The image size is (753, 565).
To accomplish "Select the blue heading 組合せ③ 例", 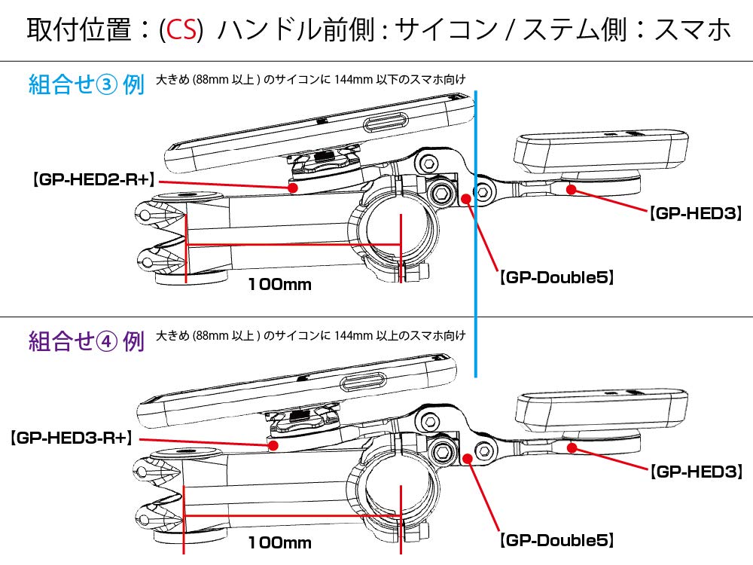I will (x=86, y=84).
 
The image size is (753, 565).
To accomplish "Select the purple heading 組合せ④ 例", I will (x=86, y=342).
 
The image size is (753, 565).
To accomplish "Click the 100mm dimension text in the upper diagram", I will (x=279, y=285).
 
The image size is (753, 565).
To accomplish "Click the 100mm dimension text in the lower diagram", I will (x=279, y=542).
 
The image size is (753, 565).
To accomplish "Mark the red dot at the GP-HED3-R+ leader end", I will (x=276, y=445).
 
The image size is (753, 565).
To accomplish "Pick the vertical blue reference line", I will (x=476, y=226).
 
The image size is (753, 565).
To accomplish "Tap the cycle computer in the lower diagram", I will (x=600, y=410).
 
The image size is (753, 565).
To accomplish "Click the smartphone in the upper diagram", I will (x=316, y=130).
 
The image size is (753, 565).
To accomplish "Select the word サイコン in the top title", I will (x=445, y=30).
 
